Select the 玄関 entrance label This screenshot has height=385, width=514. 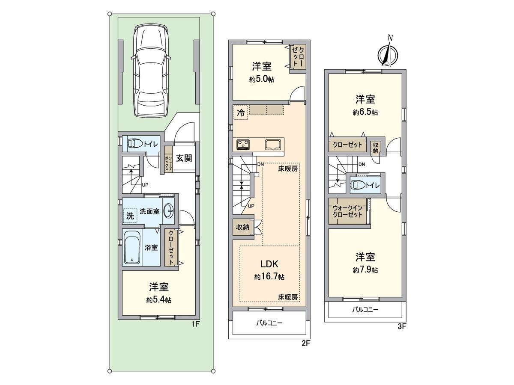[x=184, y=158]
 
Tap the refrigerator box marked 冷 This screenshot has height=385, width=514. [x=241, y=113]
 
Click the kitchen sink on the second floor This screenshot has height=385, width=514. [x=272, y=144]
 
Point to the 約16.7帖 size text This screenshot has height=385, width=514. [x=269, y=277]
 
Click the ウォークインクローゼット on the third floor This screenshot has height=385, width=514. [x=347, y=211]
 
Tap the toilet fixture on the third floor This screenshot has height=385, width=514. [x=358, y=185]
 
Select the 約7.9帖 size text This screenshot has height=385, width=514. [x=365, y=270]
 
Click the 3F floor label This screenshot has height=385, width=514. [x=401, y=326]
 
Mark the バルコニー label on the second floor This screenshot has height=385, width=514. [x=269, y=323]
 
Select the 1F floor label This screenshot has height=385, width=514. [x=195, y=324]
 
